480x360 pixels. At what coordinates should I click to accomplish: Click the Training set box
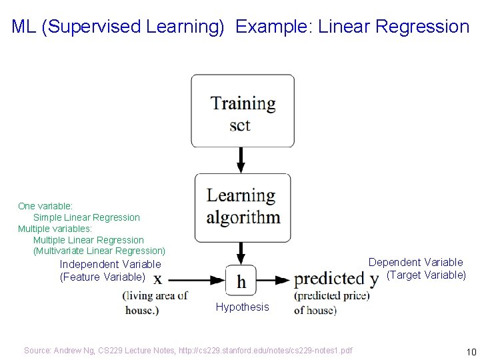coord(243,111)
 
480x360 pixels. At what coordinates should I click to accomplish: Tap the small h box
coord(241,281)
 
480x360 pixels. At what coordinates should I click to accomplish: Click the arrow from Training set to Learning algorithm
coord(241,160)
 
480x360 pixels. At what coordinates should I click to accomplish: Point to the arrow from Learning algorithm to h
coord(241,253)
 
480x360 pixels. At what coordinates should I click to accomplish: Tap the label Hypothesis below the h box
coord(243,307)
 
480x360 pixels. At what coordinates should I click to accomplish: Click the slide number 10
coord(471,351)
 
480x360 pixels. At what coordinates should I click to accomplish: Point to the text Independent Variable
coord(110,264)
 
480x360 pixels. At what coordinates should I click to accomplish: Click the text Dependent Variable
coord(415,262)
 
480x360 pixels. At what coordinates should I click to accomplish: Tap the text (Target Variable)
coord(426,275)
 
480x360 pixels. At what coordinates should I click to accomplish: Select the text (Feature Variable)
coord(102,277)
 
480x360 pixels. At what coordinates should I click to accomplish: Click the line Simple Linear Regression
coord(87,217)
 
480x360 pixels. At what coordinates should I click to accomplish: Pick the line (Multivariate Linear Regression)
coord(99,251)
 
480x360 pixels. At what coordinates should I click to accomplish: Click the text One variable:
coord(45,206)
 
